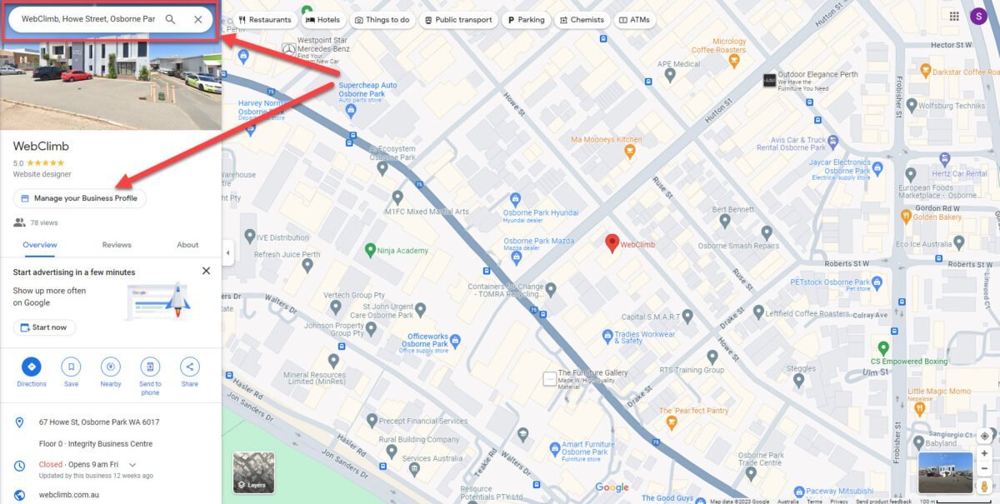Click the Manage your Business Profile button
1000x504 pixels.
click(80, 198)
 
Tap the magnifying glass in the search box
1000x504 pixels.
click(170, 19)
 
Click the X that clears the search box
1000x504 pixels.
click(197, 19)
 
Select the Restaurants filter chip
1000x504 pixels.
click(265, 20)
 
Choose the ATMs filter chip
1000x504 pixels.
click(634, 20)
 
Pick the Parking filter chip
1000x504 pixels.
click(526, 20)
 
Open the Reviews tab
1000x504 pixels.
click(117, 245)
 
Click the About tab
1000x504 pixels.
click(187, 245)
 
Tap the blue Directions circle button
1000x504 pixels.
click(32, 367)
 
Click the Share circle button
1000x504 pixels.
click(189, 367)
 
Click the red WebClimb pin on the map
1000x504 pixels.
click(612, 242)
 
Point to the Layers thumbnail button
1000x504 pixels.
click(253, 472)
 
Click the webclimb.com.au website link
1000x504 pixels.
click(69, 495)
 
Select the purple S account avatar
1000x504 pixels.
click(978, 16)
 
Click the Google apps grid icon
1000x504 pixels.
click(953, 16)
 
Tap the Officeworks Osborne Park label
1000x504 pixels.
click(424, 340)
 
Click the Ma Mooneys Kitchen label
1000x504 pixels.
click(606, 139)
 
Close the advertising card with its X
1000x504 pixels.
click(206, 271)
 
